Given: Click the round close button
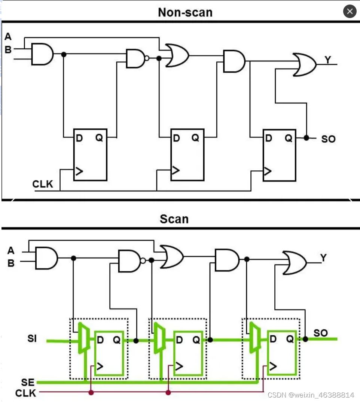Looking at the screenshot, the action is click(x=350, y=11).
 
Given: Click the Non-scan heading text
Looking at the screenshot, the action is click(x=185, y=12).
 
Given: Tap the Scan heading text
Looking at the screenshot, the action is click(x=174, y=219).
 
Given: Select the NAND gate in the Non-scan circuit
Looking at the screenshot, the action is click(x=138, y=58).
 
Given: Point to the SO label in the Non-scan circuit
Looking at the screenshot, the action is click(x=329, y=139).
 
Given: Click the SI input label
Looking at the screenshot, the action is click(x=32, y=338).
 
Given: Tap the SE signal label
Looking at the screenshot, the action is click(x=28, y=382).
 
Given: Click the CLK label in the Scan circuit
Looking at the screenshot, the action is click(x=25, y=393).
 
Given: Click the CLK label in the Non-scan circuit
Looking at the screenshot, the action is click(x=43, y=184).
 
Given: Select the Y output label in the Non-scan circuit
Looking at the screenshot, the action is click(x=328, y=60).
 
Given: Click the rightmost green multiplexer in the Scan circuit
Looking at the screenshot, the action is click(x=255, y=337).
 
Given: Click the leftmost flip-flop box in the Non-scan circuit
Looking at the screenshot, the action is click(x=90, y=155).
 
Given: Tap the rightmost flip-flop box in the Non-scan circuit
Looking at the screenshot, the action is click(x=280, y=155).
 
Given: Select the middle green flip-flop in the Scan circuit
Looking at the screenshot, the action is click(x=188, y=353).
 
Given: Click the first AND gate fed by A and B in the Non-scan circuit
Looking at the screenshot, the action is click(x=42, y=54).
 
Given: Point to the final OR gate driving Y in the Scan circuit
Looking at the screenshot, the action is click(x=295, y=263).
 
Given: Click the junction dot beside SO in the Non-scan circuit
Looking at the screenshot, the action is click(x=306, y=138).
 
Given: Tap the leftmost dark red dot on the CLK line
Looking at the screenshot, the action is click(x=91, y=392).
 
